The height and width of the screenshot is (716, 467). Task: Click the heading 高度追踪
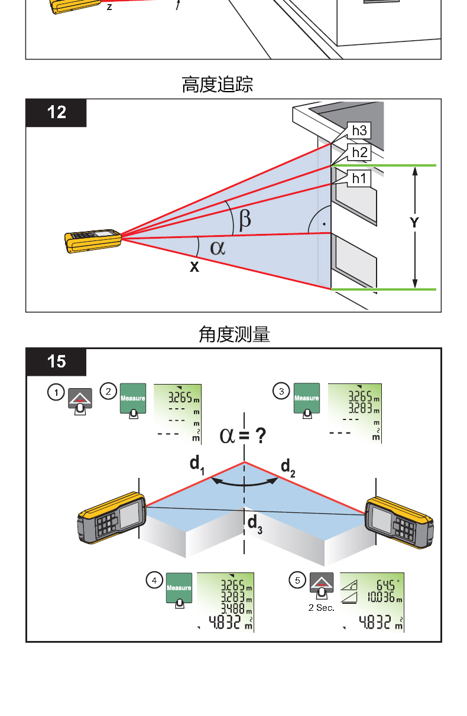(217, 85)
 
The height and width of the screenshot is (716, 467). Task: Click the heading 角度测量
(234, 335)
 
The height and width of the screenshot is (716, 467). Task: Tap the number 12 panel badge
(56, 112)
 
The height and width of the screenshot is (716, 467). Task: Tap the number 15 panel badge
(56, 361)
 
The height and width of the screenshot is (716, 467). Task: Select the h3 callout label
(359, 131)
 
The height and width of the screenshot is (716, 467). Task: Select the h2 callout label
(359, 152)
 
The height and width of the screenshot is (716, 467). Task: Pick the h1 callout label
(359, 178)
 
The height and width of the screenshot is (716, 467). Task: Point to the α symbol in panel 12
(218, 247)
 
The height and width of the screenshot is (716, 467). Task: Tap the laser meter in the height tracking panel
(93, 241)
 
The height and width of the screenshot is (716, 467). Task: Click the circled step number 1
(56, 392)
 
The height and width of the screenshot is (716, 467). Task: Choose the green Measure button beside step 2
(133, 397)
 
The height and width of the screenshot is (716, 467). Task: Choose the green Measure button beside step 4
(179, 587)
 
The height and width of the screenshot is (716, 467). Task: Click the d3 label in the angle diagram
(254, 523)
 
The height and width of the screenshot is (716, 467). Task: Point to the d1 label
(197, 464)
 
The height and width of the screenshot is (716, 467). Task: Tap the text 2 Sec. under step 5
(321, 607)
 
